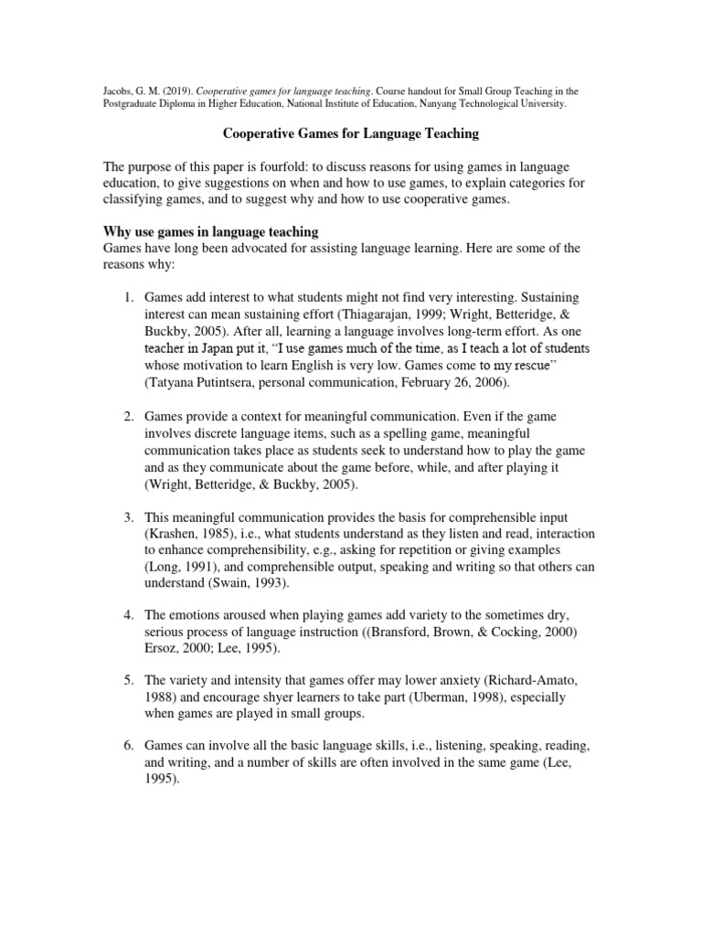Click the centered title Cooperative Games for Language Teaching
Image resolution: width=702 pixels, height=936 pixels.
[x=351, y=133]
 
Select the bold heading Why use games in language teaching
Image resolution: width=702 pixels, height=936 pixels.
[x=210, y=231]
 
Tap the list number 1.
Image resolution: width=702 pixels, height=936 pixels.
[x=129, y=299]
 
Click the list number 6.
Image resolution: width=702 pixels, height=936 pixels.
[x=129, y=747]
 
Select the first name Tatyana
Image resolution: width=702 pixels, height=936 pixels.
[x=177, y=381]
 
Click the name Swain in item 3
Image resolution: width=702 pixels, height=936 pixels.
[x=241, y=583]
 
